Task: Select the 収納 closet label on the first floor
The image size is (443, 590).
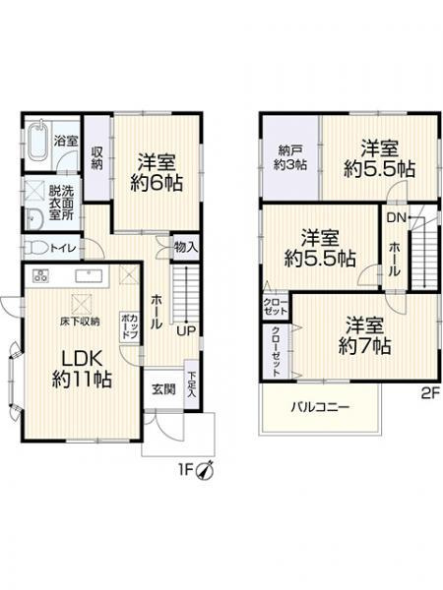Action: pos(96,158)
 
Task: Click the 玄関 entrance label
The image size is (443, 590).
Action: pos(161,386)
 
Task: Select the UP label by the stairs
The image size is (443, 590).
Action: pos(184,330)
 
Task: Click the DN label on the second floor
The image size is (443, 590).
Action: pos(396,217)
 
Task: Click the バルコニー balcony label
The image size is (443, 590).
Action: pos(320,405)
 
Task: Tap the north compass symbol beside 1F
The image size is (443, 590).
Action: pos(204,470)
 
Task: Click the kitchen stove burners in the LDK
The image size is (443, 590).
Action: pos(42,272)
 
